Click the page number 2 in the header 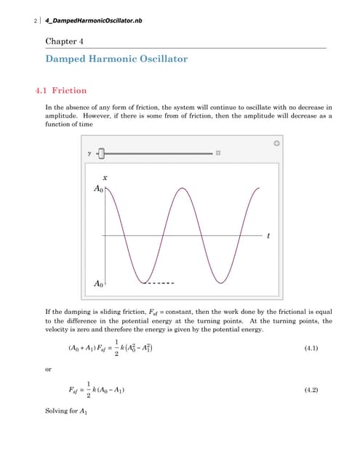pos(36,20)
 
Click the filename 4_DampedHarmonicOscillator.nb pos(94,20)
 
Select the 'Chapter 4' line pos(65,41)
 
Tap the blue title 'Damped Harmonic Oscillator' pos(116,59)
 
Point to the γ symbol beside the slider pos(89,153)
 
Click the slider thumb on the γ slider pos(102,153)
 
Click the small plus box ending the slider pos(217,153)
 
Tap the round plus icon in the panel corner pos(276,143)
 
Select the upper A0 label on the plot pos(99,189)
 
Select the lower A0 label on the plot pos(99,283)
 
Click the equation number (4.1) pos(311,349)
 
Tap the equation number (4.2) pos(311,390)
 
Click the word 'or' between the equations pos(49,369)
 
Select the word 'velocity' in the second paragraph pos(59,330)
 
